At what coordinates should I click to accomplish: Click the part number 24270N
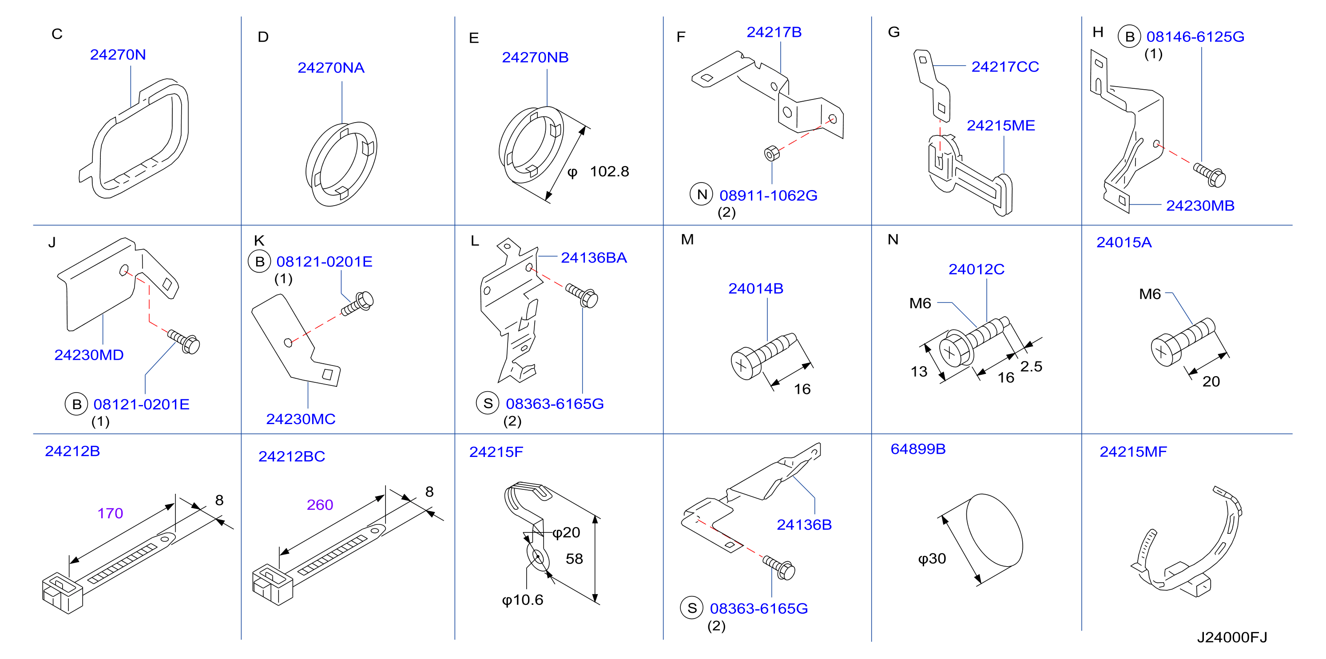point(118,55)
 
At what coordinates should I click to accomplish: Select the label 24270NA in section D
point(331,67)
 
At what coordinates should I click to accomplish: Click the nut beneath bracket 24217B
point(771,153)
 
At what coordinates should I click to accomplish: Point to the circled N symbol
point(701,195)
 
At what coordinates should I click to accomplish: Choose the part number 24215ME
point(1000,126)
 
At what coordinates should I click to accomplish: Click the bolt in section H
point(1210,175)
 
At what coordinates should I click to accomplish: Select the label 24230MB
point(1200,206)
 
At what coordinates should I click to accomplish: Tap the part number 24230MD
point(89,355)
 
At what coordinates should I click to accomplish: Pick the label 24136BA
point(594,258)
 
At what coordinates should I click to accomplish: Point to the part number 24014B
point(756,288)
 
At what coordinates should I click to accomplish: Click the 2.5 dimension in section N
point(1031,366)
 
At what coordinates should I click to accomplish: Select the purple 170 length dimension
point(110,513)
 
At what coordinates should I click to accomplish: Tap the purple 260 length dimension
point(320,504)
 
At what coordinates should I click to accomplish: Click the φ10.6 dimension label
point(523,600)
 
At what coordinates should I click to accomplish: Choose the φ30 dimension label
point(932,559)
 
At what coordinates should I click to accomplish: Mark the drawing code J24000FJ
point(1232,637)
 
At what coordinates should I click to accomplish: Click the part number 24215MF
point(1133,452)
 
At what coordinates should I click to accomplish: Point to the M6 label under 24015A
point(1149,294)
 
